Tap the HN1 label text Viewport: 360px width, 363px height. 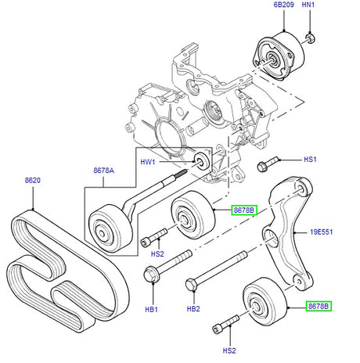click(308, 5)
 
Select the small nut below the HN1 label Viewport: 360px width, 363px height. click(309, 37)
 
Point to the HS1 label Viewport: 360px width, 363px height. click(311, 160)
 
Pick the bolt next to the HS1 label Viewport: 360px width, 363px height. click(265, 165)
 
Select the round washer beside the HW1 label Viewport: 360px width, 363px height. click(202, 162)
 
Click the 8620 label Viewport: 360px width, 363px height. click(32, 180)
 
